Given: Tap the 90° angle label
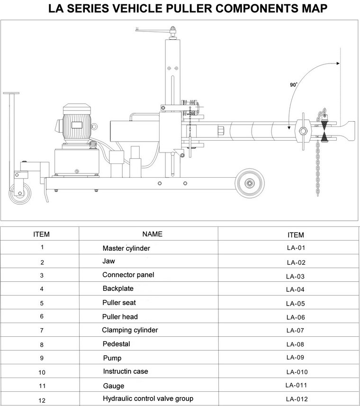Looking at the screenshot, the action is (294, 85).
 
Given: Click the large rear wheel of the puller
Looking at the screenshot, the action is (250, 183).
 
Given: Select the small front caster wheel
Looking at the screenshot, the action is (20, 193).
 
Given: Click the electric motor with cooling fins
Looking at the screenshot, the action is (77, 124).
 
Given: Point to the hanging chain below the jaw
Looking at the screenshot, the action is (318, 168).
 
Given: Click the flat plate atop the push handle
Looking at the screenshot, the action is (11, 93).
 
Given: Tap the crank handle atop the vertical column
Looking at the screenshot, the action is (155, 31).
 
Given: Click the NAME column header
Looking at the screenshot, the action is (153, 234).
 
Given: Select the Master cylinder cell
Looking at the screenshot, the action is (126, 248).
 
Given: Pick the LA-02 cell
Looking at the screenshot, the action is (296, 262).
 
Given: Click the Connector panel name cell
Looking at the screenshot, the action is (128, 275).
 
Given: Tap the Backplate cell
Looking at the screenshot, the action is (118, 289).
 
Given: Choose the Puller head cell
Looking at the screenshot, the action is (120, 316).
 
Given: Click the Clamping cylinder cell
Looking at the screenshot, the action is (130, 330).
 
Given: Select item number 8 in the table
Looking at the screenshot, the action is (42, 345).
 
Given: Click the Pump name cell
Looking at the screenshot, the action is (112, 358).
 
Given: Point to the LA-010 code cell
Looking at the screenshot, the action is (297, 372).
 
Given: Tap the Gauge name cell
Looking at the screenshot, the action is (114, 386).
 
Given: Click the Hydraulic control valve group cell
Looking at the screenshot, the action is (148, 398).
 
